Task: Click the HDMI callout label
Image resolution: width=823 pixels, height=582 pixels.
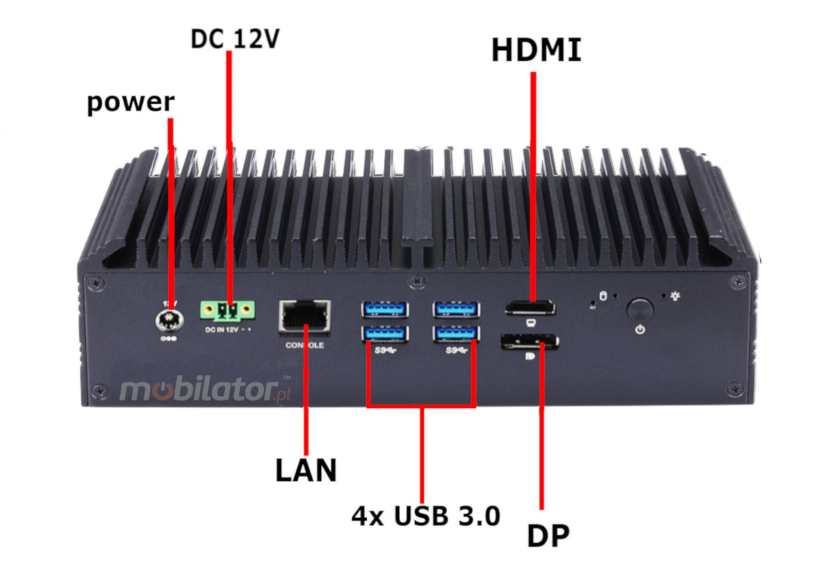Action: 536,50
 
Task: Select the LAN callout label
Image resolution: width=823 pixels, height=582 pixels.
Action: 306,470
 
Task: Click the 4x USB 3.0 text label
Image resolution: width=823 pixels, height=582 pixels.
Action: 426,516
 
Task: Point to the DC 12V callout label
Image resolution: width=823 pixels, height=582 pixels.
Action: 235,39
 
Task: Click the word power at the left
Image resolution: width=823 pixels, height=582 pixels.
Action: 131,102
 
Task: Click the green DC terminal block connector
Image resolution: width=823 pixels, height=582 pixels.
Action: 227,310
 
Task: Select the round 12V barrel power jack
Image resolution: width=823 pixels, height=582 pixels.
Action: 167,320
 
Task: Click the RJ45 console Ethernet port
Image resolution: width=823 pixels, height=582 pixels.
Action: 305,315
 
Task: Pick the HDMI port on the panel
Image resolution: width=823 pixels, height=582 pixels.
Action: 530,309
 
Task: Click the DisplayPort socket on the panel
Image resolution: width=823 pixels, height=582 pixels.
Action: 529,341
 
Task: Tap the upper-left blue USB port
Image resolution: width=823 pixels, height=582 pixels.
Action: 385,310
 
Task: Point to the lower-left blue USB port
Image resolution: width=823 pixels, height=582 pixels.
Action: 385,334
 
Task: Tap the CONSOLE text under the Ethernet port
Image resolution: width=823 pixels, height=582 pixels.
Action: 305,345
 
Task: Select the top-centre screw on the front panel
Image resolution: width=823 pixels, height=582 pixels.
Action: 417,281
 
